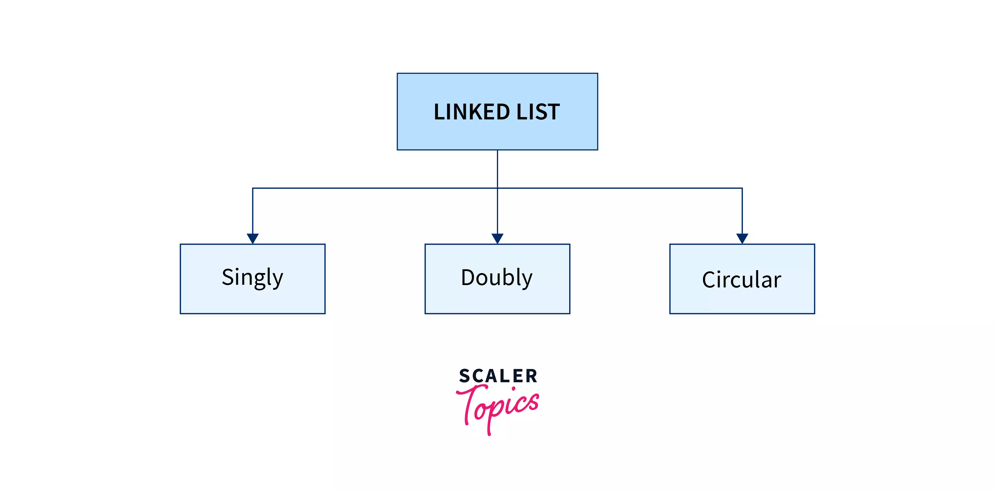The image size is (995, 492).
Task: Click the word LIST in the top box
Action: (x=538, y=112)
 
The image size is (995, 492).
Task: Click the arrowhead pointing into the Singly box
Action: (x=253, y=238)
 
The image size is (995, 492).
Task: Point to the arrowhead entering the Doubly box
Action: (x=497, y=238)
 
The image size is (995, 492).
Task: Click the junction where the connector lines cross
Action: (x=497, y=188)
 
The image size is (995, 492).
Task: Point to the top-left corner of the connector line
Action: (x=253, y=188)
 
